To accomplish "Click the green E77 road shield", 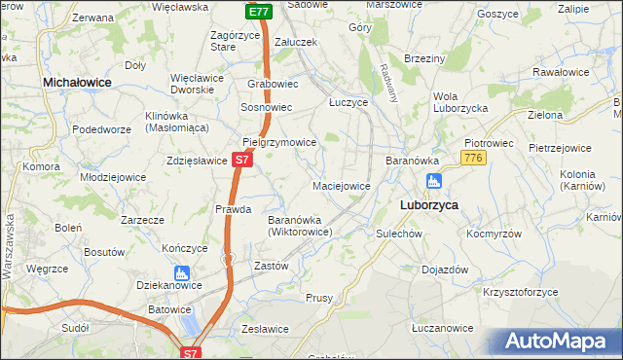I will pyautogui.click(x=258, y=12).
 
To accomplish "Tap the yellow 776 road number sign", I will pyautogui.click(x=474, y=158).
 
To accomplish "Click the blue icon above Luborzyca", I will pyautogui.click(x=434, y=181).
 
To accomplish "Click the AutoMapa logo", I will pyautogui.click(x=561, y=341).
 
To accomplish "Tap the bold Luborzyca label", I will pyautogui.click(x=429, y=205).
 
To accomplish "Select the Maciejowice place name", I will pyautogui.click(x=341, y=186).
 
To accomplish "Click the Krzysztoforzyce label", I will pyautogui.click(x=522, y=291).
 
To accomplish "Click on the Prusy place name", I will pyautogui.click(x=320, y=298).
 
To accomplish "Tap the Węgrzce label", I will pyautogui.click(x=47, y=268).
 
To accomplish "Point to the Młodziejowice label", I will pyautogui.click(x=113, y=177).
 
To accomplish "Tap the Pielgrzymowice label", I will pyautogui.click(x=279, y=142).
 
